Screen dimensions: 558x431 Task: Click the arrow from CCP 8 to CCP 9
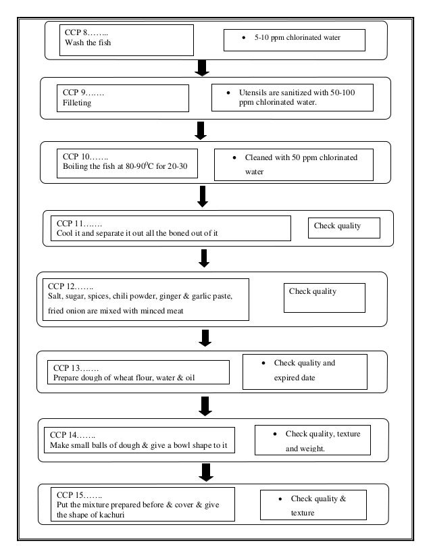click(x=202, y=68)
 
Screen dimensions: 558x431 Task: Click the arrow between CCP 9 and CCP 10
click(x=202, y=130)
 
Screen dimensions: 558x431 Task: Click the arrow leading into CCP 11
click(x=202, y=195)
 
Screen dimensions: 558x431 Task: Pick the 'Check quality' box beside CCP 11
click(x=344, y=227)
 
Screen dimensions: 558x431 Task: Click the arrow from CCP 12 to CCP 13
click(x=202, y=337)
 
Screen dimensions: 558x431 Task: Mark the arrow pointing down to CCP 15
click(x=202, y=471)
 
